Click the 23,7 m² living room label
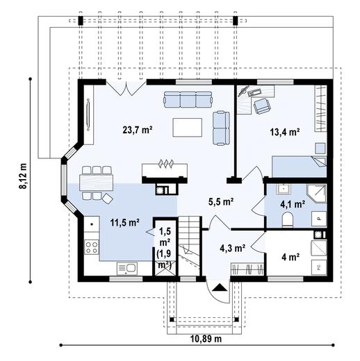click(x=138, y=129)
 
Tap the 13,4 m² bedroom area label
click(x=285, y=131)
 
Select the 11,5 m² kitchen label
click(x=125, y=223)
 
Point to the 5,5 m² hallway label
click(x=221, y=202)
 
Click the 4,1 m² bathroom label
click(x=293, y=204)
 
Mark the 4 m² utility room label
click(x=290, y=257)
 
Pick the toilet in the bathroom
click(x=288, y=220)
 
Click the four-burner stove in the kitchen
click(x=90, y=246)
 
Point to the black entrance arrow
click(x=219, y=286)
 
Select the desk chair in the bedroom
click(x=262, y=106)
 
